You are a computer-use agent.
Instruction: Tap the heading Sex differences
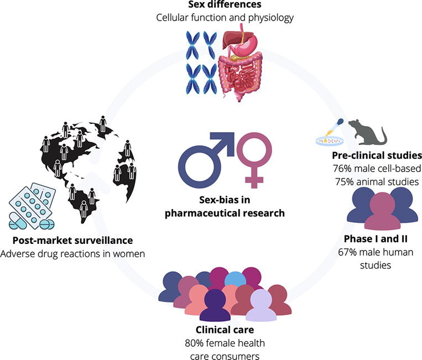[x=211, y=6]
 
